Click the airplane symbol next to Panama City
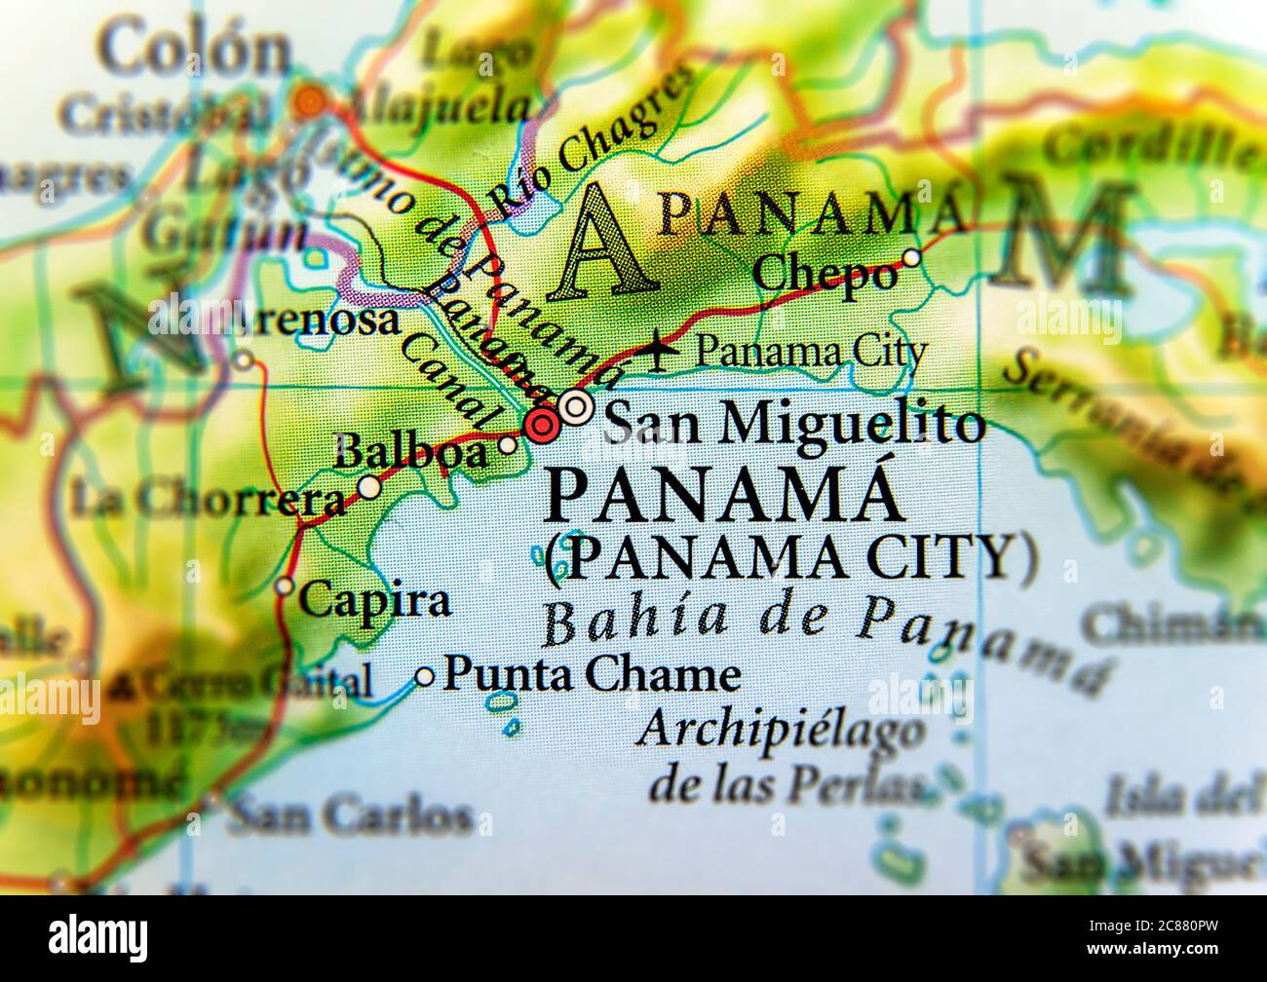click(665, 350)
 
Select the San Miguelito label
click(793, 424)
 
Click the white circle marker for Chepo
click(911, 258)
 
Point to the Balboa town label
click(409, 453)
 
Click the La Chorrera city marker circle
click(369, 487)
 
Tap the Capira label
click(374, 601)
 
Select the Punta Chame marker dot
click(425, 676)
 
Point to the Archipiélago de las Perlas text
click(780, 755)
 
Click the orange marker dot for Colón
click(310, 100)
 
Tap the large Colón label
click(195, 51)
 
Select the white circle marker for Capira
click(285, 585)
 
